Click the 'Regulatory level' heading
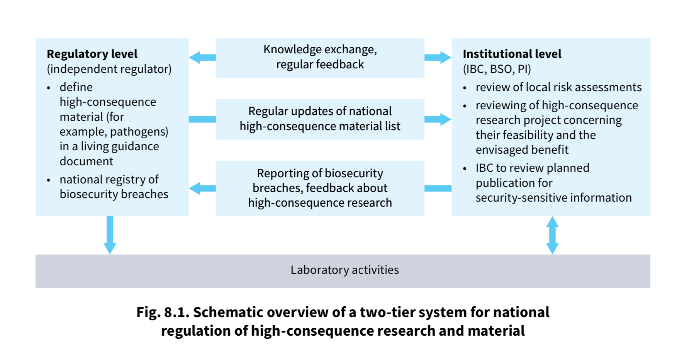92,54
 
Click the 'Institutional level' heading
512,54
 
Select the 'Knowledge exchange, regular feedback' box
320,58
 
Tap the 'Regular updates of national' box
320,119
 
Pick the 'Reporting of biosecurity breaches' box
320,188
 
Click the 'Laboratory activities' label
344,270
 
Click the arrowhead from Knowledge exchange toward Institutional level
445,58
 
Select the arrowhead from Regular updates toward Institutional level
445,119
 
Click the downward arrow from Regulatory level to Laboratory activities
110,235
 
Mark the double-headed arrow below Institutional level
552,235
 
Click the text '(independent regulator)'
109,69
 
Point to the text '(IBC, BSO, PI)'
497,69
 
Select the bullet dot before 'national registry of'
48,180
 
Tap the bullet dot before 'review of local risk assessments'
465,88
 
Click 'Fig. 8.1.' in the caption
163,312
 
